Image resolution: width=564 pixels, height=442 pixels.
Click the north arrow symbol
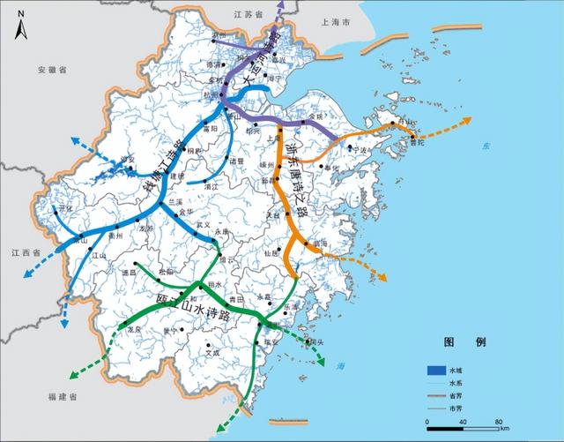click(19, 29)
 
